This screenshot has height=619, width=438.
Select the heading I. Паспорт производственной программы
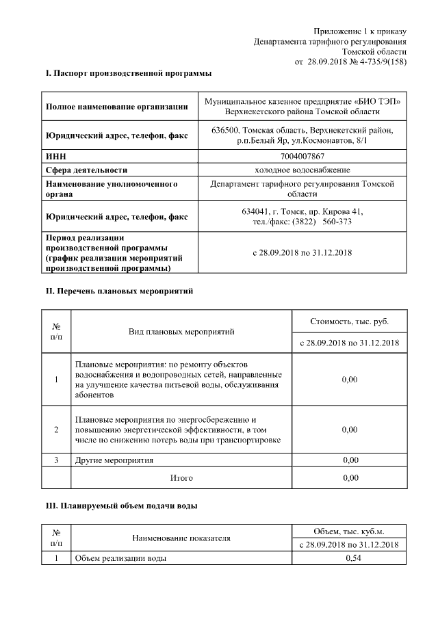coord(128,73)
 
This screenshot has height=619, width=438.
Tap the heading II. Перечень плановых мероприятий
coord(118,291)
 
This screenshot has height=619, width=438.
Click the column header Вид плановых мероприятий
coord(181,332)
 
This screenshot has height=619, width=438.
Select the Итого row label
coord(181,477)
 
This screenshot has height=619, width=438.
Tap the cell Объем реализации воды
coord(120,558)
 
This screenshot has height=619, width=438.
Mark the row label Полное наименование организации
coord(116,106)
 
